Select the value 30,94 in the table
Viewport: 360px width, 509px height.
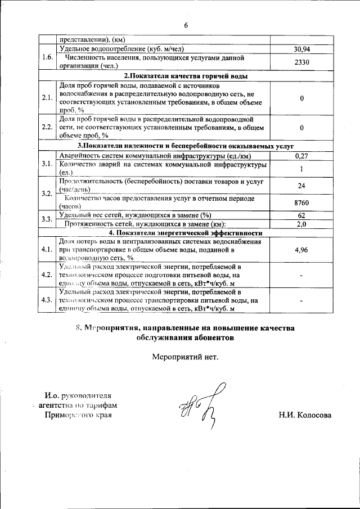(x=302, y=49)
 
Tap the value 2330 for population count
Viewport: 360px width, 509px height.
(x=302, y=62)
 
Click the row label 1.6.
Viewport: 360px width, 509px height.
(x=47, y=57)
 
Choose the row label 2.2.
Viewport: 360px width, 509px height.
(x=47, y=127)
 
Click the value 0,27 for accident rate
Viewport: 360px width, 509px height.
(x=302, y=156)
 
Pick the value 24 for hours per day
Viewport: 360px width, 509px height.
(x=302, y=184)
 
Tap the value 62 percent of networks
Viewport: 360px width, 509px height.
(x=302, y=215)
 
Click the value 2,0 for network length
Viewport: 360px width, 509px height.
(x=302, y=224)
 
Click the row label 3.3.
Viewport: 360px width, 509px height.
(x=47, y=219)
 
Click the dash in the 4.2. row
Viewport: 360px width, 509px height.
(x=302, y=275)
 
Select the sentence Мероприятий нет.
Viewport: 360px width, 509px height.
(x=184, y=357)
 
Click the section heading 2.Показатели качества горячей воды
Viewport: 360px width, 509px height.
(x=186, y=75)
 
